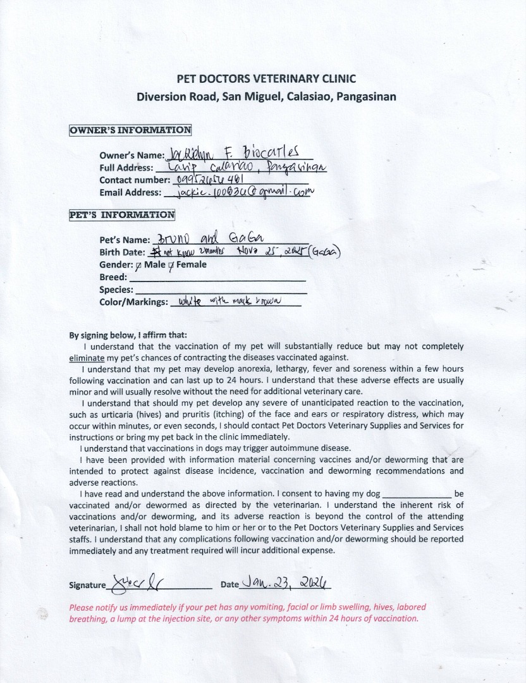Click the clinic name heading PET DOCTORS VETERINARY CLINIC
pyautogui.click(x=266, y=79)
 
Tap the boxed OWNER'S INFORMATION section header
pyautogui.click(x=130, y=130)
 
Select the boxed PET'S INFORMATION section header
pyautogui.click(x=121, y=214)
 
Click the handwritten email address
pyautogui.click(x=239, y=192)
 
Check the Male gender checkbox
pyautogui.click(x=138, y=265)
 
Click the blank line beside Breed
pyautogui.click(x=217, y=278)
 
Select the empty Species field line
pyautogui.click(x=221, y=291)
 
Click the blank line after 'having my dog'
pyautogui.click(x=417, y=493)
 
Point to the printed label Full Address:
pyautogui.click(x=126, y=168)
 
